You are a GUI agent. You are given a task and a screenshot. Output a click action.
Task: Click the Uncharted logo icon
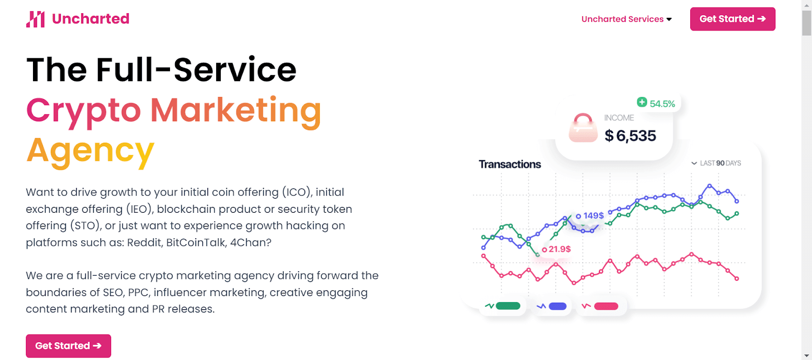pos(35,19)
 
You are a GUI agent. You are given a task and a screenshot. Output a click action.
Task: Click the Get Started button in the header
pos(733,19)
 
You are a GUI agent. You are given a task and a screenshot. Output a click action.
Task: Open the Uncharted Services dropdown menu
pos(626,19)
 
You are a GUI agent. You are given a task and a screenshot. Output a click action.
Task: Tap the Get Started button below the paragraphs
pos(69,346)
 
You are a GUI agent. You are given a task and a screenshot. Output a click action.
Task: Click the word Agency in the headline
pos(90,151)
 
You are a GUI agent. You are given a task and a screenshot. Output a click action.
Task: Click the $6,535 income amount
pos(630,136)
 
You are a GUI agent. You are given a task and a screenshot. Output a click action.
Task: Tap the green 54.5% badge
pos(656,103)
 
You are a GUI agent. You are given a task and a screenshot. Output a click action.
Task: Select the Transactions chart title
pos(510,164)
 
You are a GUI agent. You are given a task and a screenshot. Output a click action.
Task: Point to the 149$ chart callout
pos(590,216)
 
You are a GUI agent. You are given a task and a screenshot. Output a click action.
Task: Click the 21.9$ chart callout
pos(556,249)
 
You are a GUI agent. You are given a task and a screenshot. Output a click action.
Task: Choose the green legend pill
pos(508,306)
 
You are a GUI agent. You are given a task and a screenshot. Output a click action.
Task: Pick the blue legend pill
pos(558,306)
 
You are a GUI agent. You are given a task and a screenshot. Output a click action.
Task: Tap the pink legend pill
pos(606,306)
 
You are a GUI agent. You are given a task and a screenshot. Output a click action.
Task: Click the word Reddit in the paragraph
pos(144,242)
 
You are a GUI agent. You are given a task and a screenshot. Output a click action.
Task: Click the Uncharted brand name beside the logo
pos(91,19)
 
